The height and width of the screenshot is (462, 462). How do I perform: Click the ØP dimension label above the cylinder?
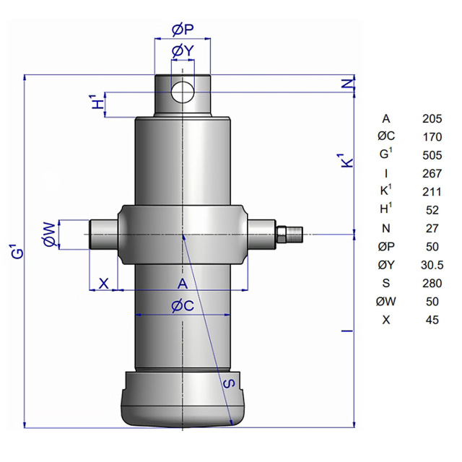pos(183,30)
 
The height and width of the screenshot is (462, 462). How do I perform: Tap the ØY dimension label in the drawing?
pos(183,51)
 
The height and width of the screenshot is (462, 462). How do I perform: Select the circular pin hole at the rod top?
pos(183,92)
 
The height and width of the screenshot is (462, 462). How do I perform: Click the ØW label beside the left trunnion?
pos(49,235)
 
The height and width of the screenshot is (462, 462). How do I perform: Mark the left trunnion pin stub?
pos(104,235)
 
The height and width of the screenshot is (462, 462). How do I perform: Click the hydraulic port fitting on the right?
pos(289,234)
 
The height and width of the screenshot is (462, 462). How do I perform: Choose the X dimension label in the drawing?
pos(103,284)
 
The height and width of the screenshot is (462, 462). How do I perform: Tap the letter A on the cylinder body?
pos(183,284)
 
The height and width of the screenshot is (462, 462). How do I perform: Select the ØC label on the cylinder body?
pos(183,306)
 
